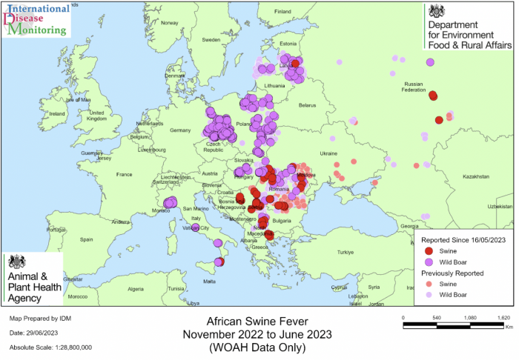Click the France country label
(123, 175)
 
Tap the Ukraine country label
(328, 153)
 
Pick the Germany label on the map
(180, 130)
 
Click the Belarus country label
(307, 106)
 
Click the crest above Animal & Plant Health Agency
(16, 262)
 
